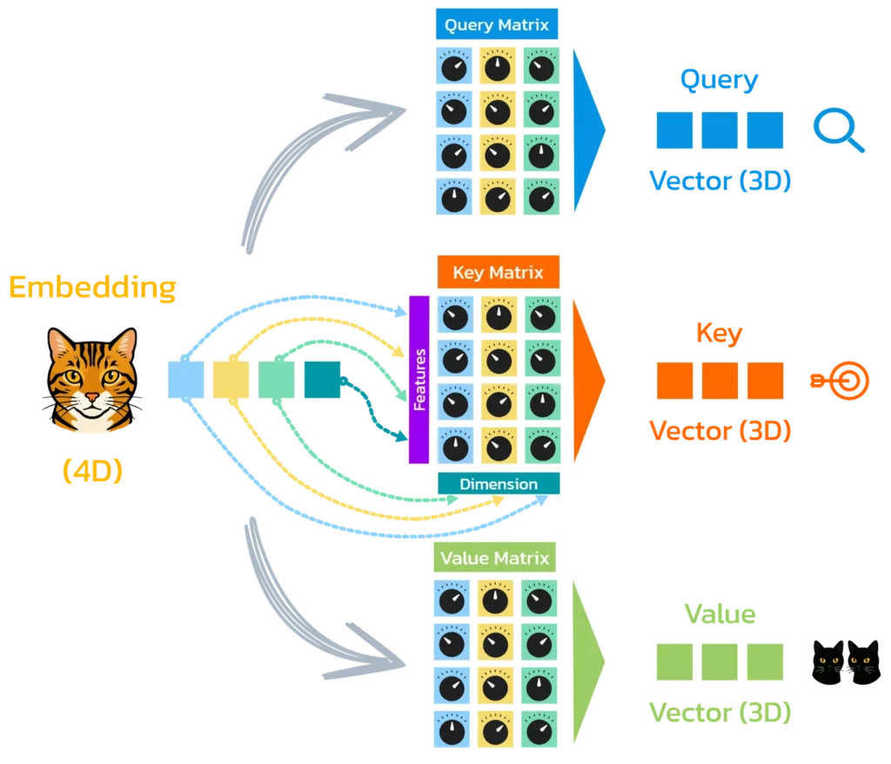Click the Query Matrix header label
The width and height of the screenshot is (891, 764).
(x=497, y=25)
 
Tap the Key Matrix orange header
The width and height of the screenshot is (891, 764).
(x=497, y=273)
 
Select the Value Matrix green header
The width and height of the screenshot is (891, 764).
(x=497, y=558)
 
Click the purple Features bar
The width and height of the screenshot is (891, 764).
(x=419, y=379)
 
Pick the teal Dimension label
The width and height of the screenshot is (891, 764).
(x=499, y=484)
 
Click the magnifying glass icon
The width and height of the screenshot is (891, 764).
(x=839, y=131)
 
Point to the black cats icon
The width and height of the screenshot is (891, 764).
(x=848, y=663)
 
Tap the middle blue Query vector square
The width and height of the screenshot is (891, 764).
(x=720, y=130)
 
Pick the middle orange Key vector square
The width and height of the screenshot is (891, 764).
(x=720, y=381)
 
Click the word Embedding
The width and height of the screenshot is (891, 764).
(x=91, y=288)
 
